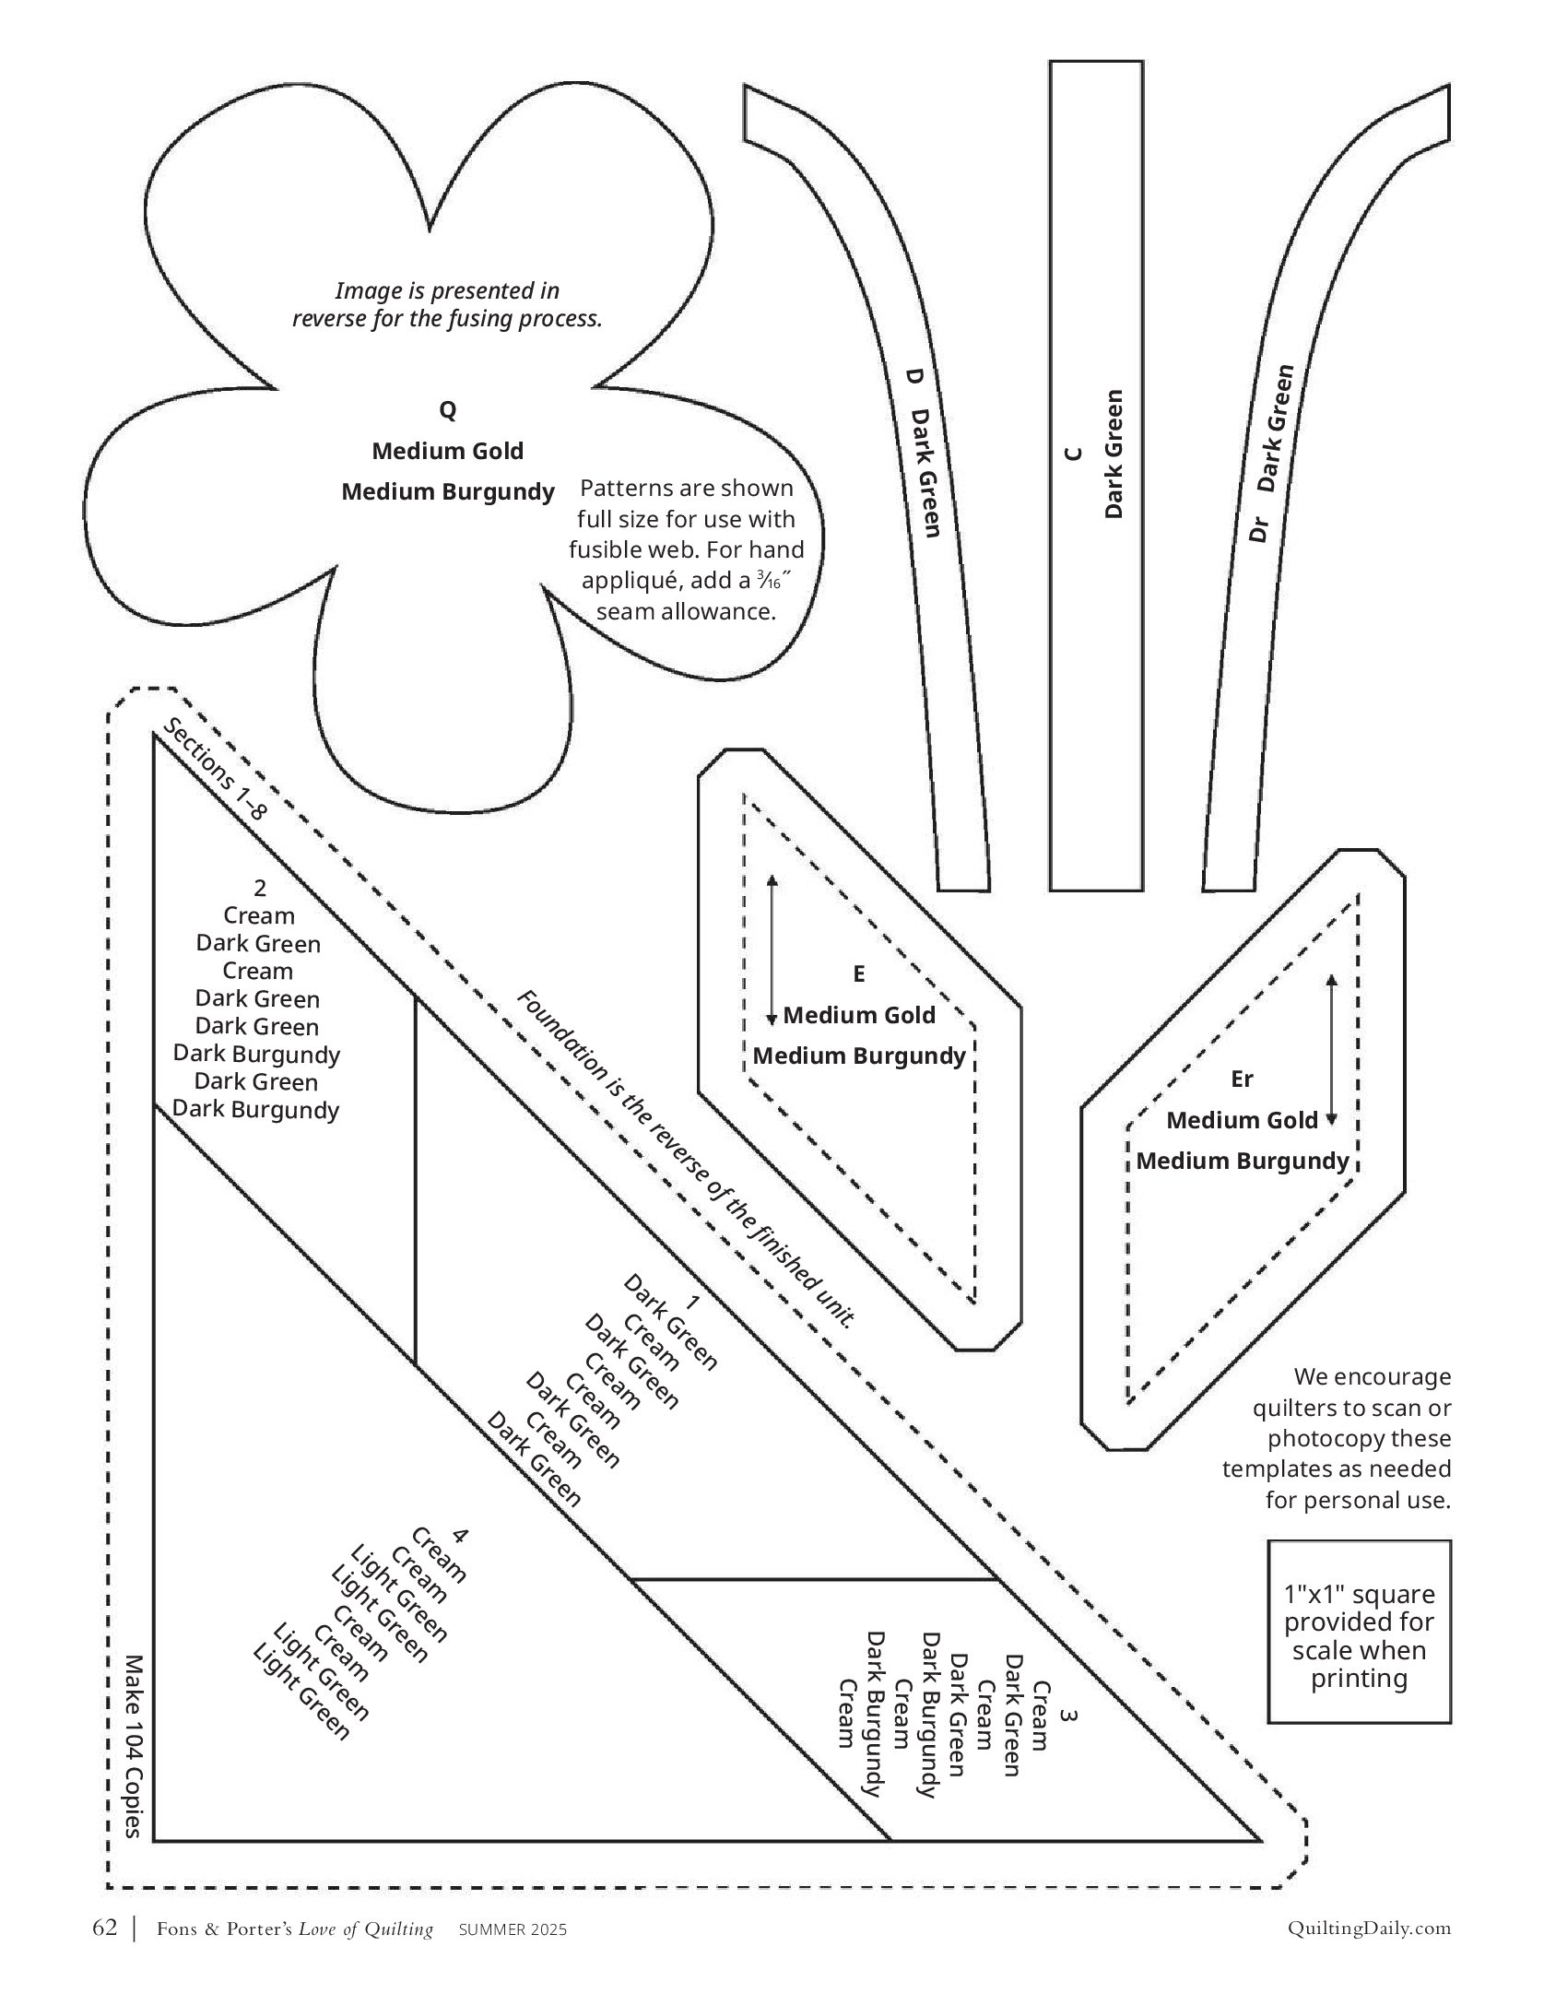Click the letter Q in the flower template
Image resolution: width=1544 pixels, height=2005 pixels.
pyautogui.click(x=447, y=410)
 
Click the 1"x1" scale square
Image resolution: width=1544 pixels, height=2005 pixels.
pyautogui.click(x=1359, y=1632)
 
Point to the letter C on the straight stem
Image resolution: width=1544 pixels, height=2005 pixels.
pyautogui.click(x=1072, y=454)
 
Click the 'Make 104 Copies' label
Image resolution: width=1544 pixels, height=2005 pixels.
pyautogui.click(x=135, y=1746)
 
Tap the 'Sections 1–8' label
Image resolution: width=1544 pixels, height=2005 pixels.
pyautogui.click(x=215, y=770)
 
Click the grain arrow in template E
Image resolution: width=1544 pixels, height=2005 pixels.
pyautogui.click(x=772, y=949)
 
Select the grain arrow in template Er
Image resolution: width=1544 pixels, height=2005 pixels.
pyautogui.click(x=1330, y=1049)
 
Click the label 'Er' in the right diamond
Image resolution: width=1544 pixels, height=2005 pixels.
pyautogui.click(x=1242, y=1079)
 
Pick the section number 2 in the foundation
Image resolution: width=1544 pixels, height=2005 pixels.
pyautogui.click(x=260, y=888)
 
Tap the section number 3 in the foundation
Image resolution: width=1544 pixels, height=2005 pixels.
pyautogui.click(x=1068, y=1716)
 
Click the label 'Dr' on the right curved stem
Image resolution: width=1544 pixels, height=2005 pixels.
pyautogui.click(x=1259, y=529)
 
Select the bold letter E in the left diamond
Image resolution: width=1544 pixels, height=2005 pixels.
pyautogui.click(x=859, y=974)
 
